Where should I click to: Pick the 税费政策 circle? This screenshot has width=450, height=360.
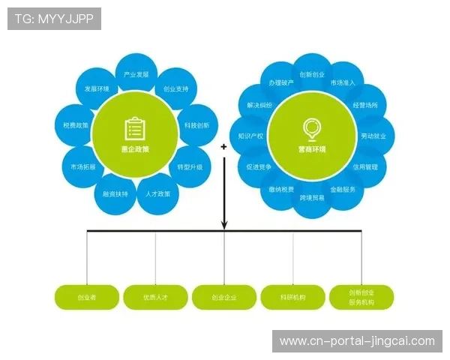76,125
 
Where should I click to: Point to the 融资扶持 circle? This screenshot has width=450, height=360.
115,193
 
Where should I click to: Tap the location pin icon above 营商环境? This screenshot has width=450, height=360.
310,128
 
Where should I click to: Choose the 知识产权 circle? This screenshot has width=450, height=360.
250,136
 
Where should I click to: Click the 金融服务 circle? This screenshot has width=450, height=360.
348,189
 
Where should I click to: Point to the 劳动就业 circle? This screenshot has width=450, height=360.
373,136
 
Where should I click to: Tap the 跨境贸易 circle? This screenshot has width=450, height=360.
312,198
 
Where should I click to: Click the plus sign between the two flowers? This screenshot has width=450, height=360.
223,148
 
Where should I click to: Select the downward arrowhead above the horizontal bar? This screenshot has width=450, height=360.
223,223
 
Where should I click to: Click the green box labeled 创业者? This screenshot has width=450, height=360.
87,298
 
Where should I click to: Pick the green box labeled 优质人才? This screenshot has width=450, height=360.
155,298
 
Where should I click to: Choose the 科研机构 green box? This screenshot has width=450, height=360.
292,298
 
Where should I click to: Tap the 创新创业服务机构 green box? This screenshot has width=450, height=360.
361,298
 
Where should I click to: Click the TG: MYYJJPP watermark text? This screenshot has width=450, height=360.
53,19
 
